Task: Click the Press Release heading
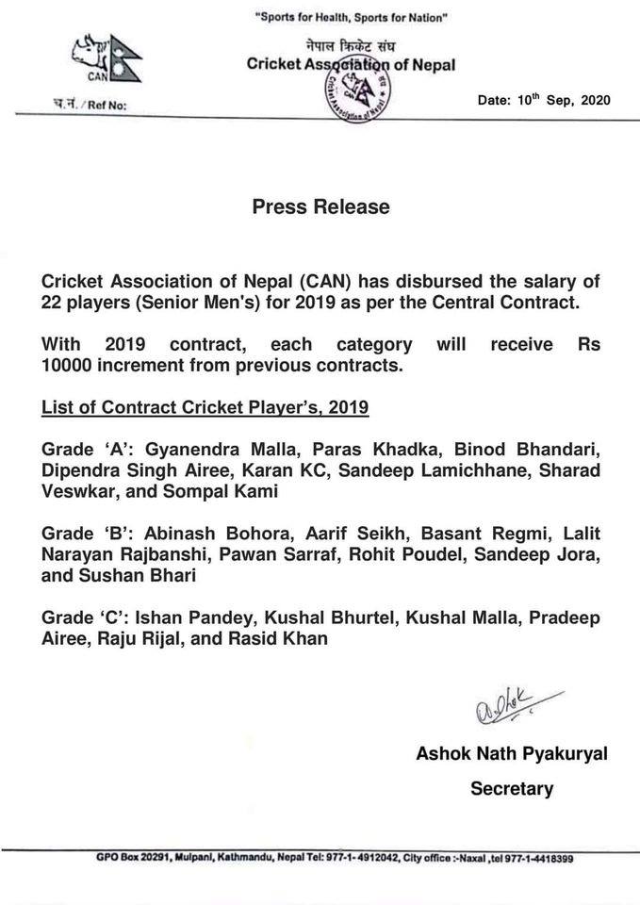tap(320, 206)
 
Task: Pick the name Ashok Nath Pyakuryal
tap(511, 754)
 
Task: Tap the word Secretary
tap(511, 789)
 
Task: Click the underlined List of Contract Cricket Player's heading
tap(205, 408)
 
